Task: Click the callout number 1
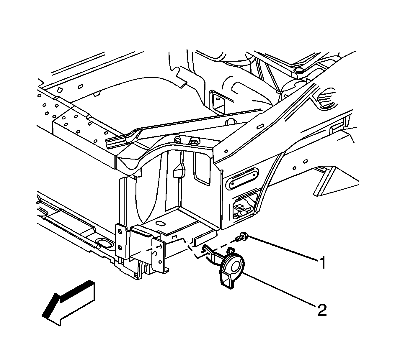click(x=322, y=263)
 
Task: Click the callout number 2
click(x=322, y=310)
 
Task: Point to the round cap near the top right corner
click(x=298, y=70)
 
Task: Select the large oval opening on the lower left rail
click(x=104, y=244)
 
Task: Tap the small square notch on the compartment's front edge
click(x=174, y=237)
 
